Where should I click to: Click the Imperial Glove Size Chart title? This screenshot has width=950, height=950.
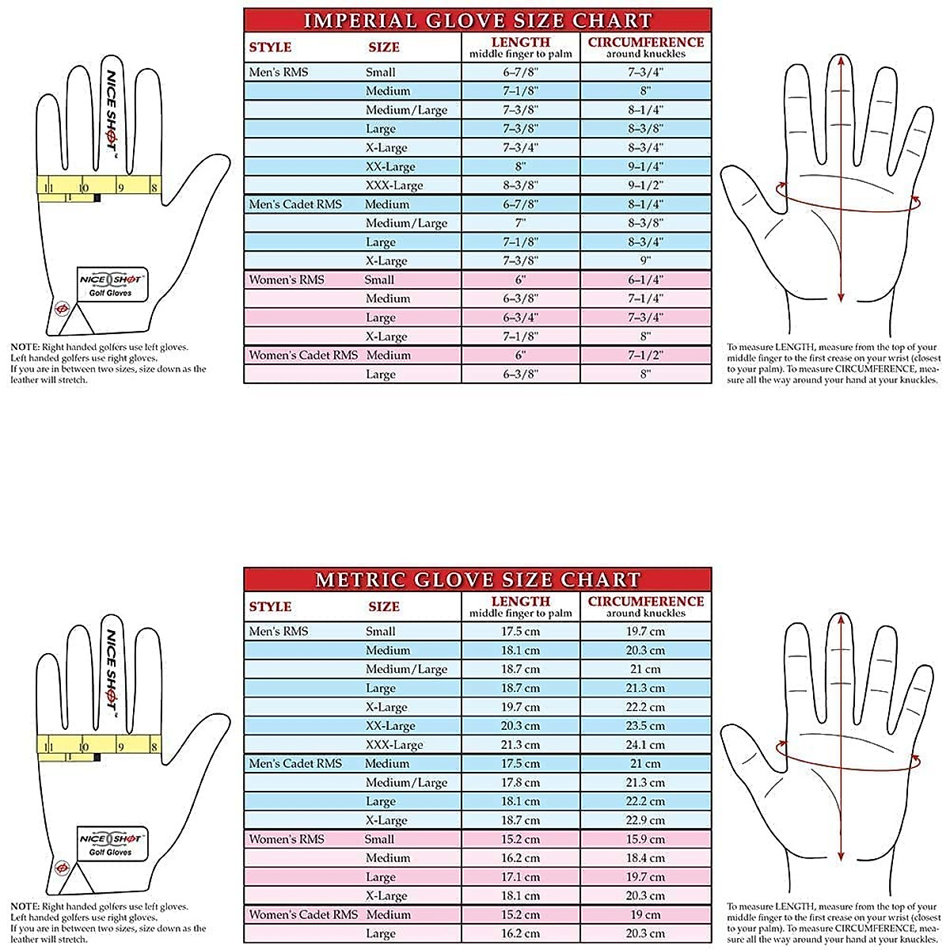point(477,21)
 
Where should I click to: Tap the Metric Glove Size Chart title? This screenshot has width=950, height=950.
point(477,579)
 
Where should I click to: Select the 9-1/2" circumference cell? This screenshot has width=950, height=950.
point(645,185)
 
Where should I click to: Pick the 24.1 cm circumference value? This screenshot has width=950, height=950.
point(645,745)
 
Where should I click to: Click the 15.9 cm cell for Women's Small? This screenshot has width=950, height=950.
point(645,839)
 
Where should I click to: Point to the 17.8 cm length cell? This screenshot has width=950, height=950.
point(520,782)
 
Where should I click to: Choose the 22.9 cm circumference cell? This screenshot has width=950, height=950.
point(645,820)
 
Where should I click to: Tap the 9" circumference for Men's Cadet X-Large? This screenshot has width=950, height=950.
point(645,260)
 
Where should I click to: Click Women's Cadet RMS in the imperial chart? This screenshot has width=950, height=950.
point(303,355)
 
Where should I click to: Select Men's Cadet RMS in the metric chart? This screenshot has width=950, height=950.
point(295,763)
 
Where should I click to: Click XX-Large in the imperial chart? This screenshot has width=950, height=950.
point(390,166)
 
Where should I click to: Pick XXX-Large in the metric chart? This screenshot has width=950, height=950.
point(394,745)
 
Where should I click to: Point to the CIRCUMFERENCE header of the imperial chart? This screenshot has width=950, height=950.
point(645,43)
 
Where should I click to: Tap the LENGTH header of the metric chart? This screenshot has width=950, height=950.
point(520,602)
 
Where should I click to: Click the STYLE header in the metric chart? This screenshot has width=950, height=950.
point(270,606)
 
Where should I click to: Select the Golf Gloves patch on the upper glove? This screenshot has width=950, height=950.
point(111,286)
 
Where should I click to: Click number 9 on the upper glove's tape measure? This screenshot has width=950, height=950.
point(120,188)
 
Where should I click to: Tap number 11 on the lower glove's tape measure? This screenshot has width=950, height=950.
point(49,747)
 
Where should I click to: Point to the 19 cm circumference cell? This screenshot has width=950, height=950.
point(645,914)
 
